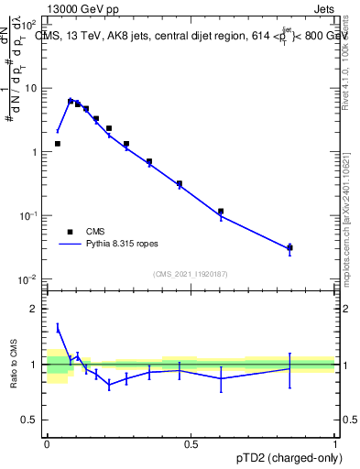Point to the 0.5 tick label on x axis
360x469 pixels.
(x=191, y=443)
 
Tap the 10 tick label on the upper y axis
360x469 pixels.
(x=31, y=89)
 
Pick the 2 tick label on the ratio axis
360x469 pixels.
(x=34, y=309)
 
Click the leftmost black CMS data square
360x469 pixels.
(x=57, y=144)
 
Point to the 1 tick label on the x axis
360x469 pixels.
(x=334, y=443)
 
